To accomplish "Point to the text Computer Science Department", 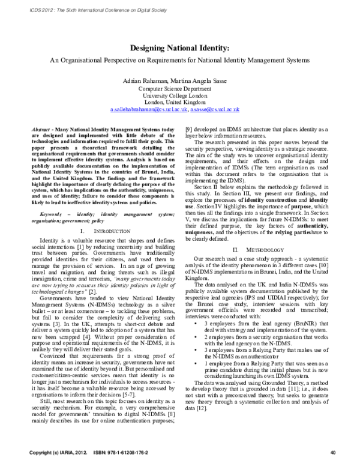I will (x=179, y=88).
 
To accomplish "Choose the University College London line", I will (x=179, y=95).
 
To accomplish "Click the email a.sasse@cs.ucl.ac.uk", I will (x=214, y=110).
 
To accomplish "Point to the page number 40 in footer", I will (x=332, y=452).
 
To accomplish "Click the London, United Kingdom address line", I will (x=179, y=103).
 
